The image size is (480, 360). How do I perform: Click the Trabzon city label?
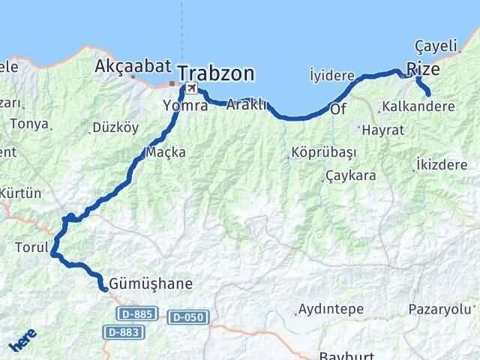coord(216,74)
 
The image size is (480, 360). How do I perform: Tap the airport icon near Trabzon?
coord(192,88)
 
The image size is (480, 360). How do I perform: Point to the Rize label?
coord(423,69)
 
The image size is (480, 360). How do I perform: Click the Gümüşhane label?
coord(151,284)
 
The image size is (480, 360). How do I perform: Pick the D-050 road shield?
coord(185,317)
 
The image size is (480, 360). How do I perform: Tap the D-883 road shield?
coord(123,331)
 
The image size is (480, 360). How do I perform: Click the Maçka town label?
coord(166,152)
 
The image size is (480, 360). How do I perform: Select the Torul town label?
coord(31,246)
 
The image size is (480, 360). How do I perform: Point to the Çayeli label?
coord(436,46)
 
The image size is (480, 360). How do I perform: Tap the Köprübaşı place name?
coord(323,152)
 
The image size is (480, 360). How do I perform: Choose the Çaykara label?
coord(350,176)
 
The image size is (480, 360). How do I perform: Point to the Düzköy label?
coord(115,127)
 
